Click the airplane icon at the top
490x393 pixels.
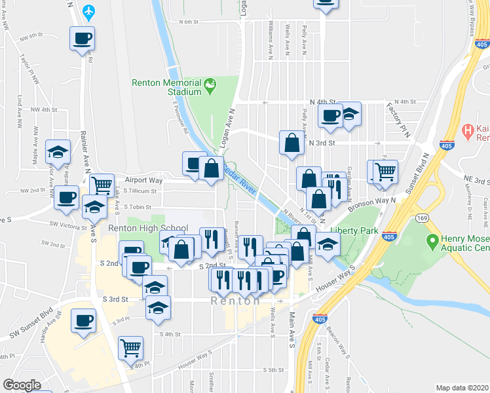click(90, 11)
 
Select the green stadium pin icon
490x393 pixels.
click(210, 84)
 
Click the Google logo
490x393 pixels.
click(22, 385)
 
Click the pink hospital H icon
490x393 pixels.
click(468, 130)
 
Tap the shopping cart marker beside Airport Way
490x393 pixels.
click(102, 185)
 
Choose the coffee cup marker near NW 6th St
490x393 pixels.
click(82, 38)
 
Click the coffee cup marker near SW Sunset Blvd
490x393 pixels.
click(83, 321)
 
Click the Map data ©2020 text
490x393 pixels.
click(462, 388)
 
